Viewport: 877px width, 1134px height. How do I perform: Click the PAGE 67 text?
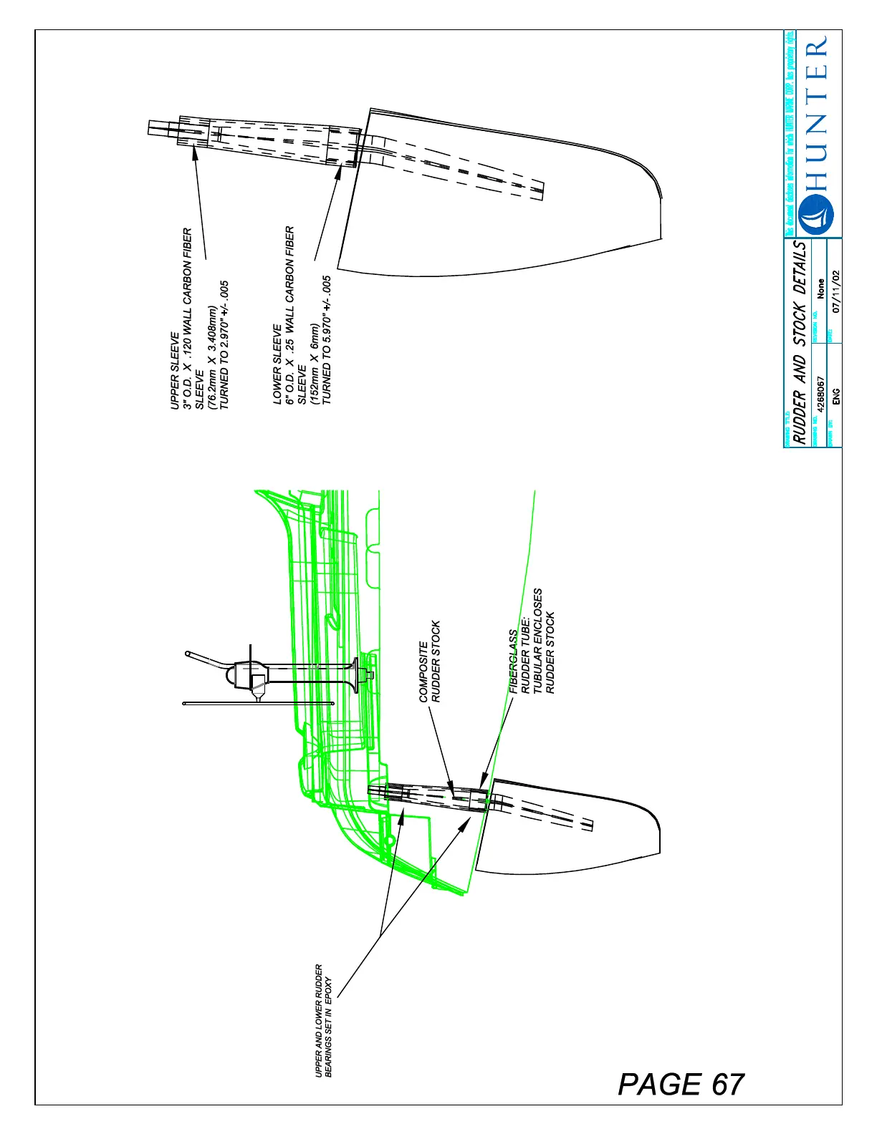tap(681, 1084)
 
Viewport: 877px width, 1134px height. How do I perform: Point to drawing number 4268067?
tap(821, 394)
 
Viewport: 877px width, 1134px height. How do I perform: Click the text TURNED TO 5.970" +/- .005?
tap(327, 340)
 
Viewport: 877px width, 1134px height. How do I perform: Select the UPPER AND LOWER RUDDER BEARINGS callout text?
tap(324, 1019)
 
